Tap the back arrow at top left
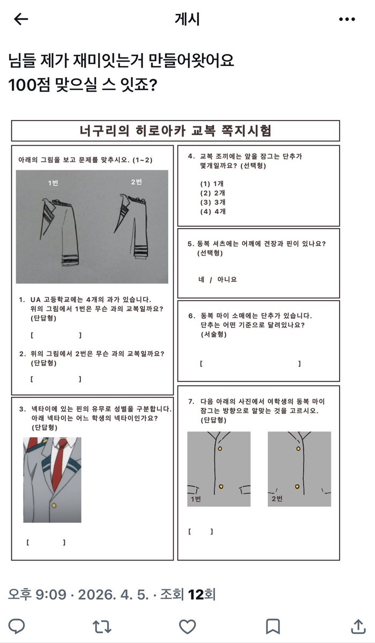20,19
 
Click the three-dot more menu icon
347,19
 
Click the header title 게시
187,19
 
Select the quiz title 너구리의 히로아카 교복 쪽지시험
175,131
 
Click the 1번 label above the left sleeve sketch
53,183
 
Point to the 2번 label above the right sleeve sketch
137,182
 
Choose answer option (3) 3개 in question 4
213,202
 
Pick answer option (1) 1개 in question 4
213,183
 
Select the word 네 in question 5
201,279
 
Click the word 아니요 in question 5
227,279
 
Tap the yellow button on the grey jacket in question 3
54,505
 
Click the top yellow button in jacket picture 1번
220,448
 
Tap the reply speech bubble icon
18,626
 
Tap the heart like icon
186,626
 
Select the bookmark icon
272,626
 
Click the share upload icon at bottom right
357,626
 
